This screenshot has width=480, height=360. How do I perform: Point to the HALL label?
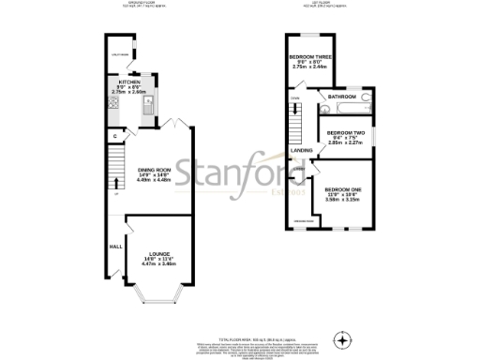pos(115,247)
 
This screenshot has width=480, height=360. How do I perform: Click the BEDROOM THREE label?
pos(309,57)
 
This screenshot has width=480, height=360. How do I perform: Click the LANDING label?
pos(302,150)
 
